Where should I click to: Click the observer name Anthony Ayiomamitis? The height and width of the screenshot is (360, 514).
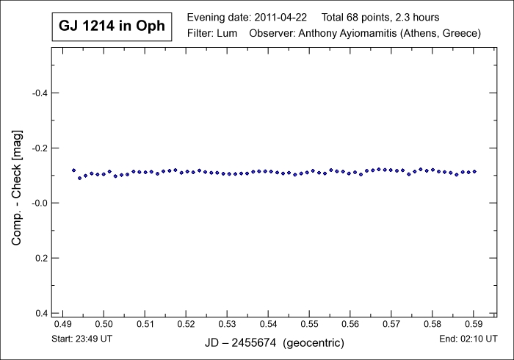click(x=359, y=34)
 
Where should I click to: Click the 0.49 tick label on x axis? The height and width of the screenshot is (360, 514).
click(x=63, y=324)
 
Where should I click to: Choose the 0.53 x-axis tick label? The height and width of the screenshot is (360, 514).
click(x=228, y=324)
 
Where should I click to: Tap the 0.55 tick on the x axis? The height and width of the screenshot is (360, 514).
click(x=310, y=324)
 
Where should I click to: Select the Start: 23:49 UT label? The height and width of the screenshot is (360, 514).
click(x=83, y=339)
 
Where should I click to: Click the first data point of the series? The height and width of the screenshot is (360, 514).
click(x=73, y=170)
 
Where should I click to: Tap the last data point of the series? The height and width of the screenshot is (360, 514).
click(x=474, y=171)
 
